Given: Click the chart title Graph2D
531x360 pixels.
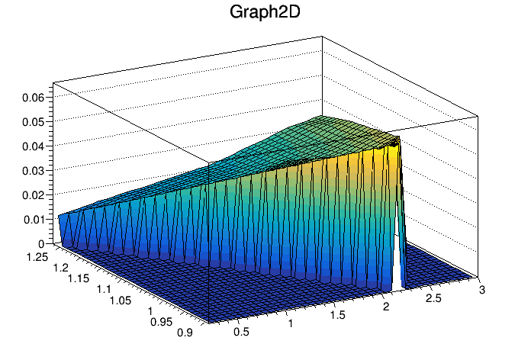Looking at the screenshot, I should point(265,13).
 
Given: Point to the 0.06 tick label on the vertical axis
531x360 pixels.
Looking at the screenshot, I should point(34,98).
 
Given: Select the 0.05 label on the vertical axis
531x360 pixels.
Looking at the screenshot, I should point(34,122).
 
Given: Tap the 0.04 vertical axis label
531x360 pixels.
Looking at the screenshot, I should point(34,146).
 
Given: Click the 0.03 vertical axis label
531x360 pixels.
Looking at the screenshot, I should point(34,171).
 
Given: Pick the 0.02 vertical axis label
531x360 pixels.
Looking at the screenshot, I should point(34,195).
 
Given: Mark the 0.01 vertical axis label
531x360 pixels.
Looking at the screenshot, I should point(34,220).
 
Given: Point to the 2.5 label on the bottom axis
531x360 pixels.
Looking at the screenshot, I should point(436,300).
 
